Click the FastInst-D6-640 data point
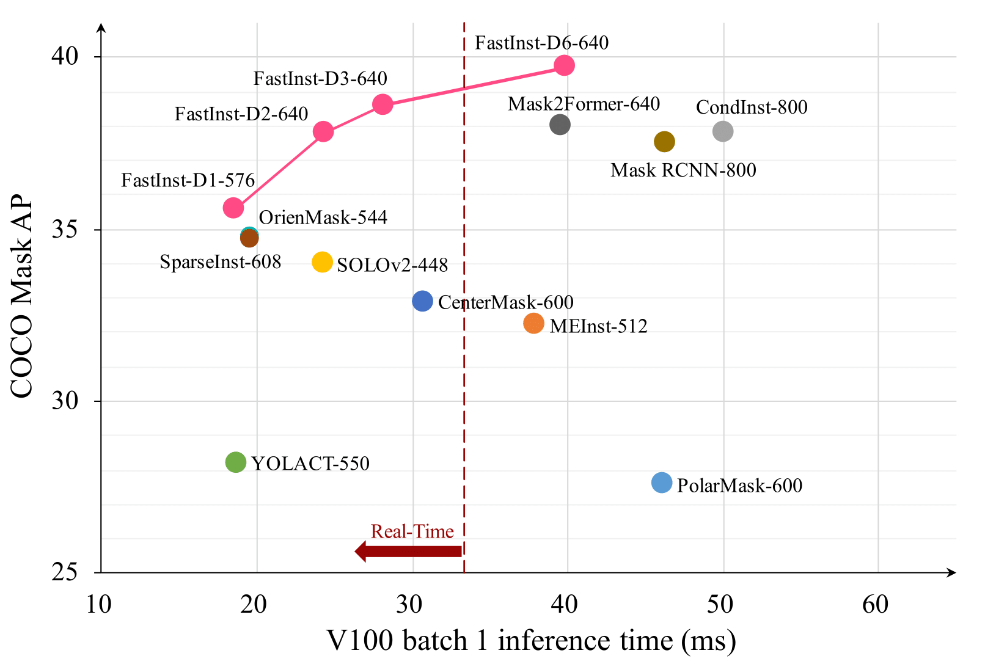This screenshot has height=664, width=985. point(564,65)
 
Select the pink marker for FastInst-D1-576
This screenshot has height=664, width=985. point(233,208)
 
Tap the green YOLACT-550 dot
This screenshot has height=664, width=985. point(236,462)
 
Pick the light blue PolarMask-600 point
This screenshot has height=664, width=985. point(662,483)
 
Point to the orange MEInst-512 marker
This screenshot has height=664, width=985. point(534,323)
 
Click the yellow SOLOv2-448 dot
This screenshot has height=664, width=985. point(322,262)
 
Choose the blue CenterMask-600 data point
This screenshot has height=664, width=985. point(422,301)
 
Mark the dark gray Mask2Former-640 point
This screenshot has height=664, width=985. point(560,125)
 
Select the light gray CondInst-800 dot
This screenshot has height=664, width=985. point(723,131)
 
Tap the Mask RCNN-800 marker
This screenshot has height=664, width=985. point(664,142)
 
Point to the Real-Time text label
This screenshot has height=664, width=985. point(412,531)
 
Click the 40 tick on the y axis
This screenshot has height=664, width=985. point(65,56)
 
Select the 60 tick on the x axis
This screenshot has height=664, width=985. point(875,605)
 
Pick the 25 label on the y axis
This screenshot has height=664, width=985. point(65,572)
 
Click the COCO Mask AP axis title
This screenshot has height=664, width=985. point(22,296)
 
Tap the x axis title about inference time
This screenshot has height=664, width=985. point(531,641)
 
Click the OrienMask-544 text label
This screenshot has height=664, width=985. point(323,217)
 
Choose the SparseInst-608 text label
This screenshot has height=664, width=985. point(220,262)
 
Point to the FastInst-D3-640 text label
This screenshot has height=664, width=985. point(320,79)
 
